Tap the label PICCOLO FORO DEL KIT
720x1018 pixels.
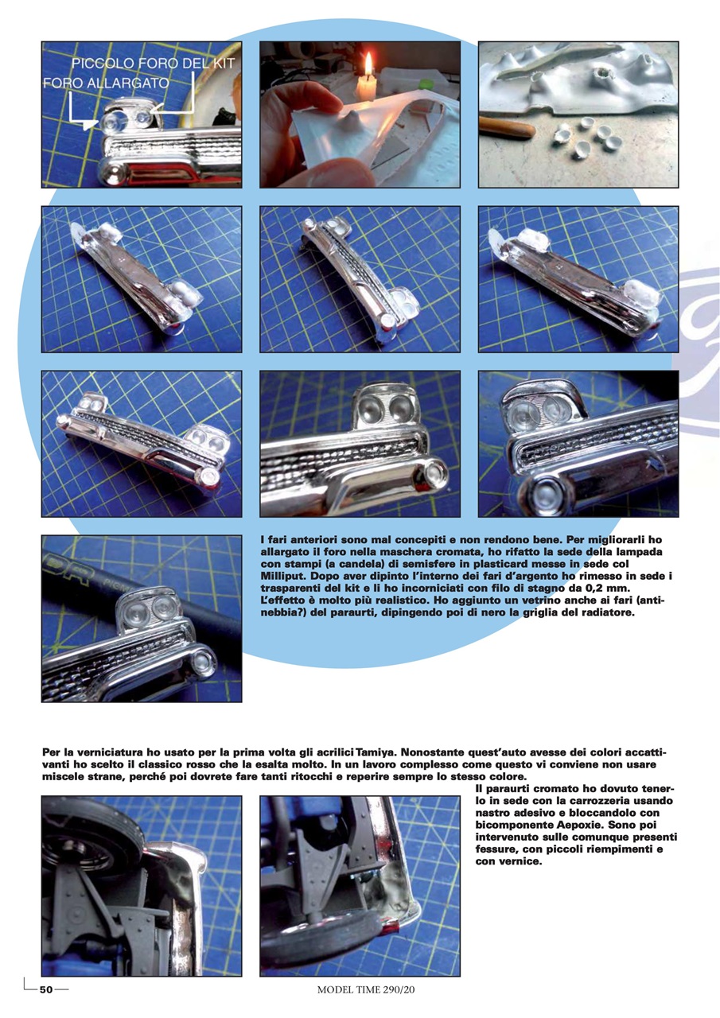tap(154, 64)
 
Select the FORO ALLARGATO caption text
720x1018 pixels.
tap(106, 83)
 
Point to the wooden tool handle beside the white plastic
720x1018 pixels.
tap(507, 128)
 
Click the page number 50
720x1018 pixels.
tap(46, 990)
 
